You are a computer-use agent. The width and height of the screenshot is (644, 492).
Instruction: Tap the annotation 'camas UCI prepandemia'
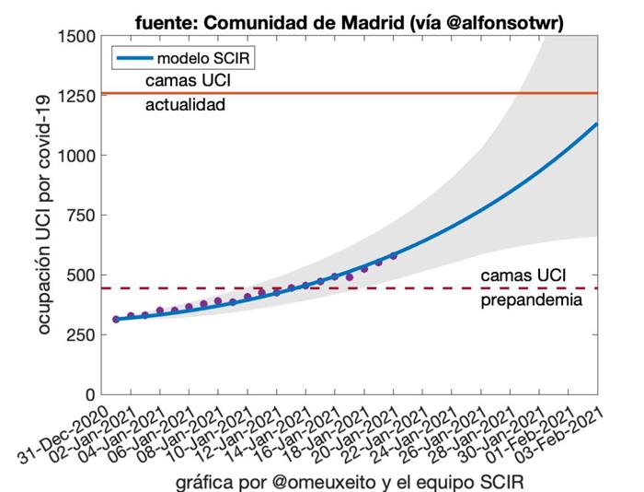532,287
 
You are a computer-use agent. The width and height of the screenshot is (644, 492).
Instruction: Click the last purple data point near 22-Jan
394,255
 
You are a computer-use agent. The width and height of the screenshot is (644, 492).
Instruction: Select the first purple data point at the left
116,319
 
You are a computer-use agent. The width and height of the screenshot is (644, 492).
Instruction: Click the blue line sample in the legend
133,58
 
